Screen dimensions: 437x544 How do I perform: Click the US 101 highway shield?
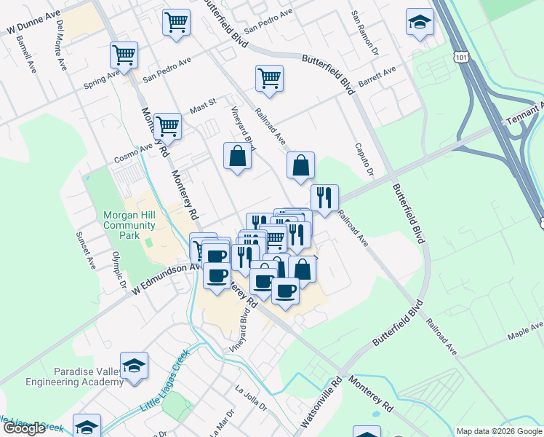click(461, 55)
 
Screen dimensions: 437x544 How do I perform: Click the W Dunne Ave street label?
click(32, 25)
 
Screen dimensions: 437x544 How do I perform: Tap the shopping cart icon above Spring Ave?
click(124, 55)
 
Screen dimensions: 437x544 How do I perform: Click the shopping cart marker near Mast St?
click(168, 127)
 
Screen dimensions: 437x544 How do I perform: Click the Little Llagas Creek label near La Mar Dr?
click(164, 378)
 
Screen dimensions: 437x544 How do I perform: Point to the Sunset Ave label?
click(86, 248)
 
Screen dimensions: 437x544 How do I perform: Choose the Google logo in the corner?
click(24, 428)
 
